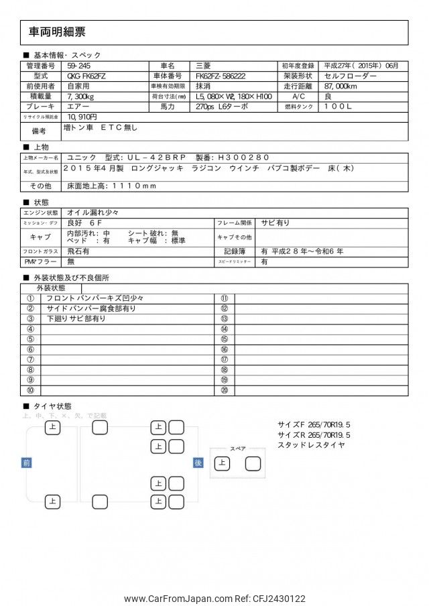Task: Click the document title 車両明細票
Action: point(57,32)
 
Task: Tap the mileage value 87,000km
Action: point(345,86)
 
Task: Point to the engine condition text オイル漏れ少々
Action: point(93,213)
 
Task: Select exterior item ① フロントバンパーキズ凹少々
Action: point(95,298)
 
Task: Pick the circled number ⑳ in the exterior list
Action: point(225,389)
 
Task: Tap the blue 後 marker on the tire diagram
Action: point(198,463)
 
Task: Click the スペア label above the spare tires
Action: point(238,448)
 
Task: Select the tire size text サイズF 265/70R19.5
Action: point(314,425)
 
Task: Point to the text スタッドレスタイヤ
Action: point(311,444)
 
